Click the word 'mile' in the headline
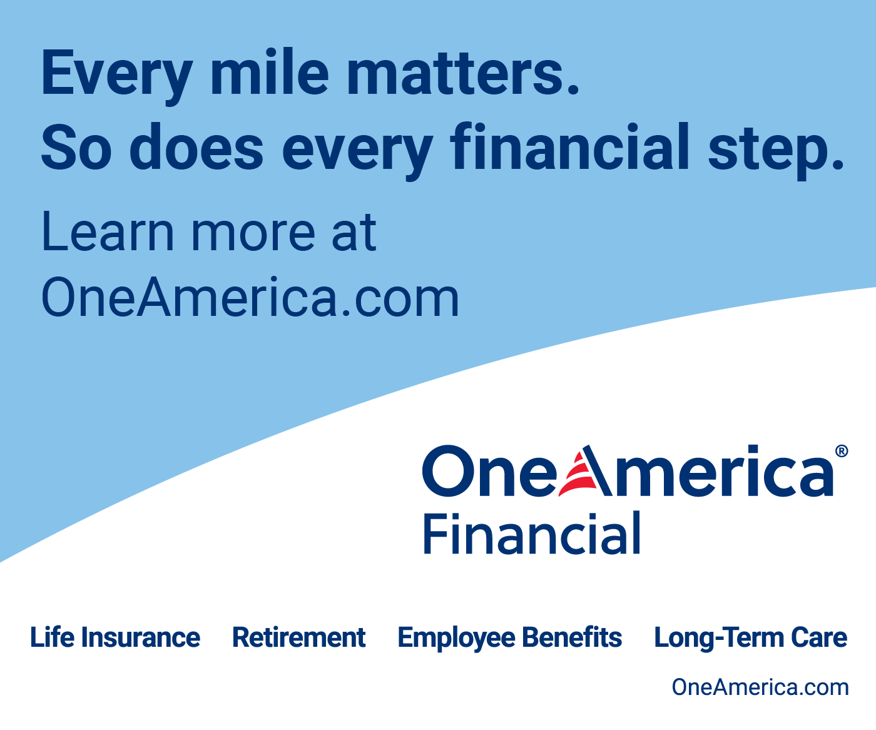click(270, 72)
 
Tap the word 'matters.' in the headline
click(464, 73)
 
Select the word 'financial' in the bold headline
click(569, 147)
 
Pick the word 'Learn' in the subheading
click(108, 231)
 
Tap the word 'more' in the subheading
click(253, 236)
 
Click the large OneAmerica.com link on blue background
click(250, 297)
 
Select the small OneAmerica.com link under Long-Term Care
click(760, 687)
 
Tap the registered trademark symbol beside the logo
click(842, 451)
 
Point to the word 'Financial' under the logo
click(532, 533)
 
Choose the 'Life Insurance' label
click(115, 637)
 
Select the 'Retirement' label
click(298, 637)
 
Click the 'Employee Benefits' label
click(510, 638)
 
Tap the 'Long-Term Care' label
click(751, 638)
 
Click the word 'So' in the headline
click(77, 148)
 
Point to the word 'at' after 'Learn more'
click(354, 233)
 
